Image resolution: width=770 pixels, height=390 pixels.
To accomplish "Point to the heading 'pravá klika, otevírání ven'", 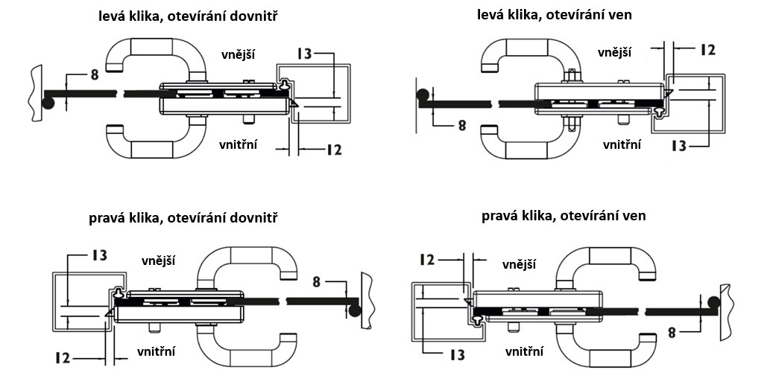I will [564, 216].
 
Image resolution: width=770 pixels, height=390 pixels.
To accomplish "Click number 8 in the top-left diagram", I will [94, 74].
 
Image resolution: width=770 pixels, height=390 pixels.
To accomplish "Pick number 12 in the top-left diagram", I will [333, 150].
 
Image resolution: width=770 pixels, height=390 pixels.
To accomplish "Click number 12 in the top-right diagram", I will [708, 50].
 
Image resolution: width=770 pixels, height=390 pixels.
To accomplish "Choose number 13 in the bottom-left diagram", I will [98, 255].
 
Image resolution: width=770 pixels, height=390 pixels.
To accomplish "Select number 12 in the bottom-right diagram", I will [427, 260].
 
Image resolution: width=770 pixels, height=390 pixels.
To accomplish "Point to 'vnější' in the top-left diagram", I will [239, 54].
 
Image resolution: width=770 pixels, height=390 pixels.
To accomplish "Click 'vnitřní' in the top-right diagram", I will [622, 144].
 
